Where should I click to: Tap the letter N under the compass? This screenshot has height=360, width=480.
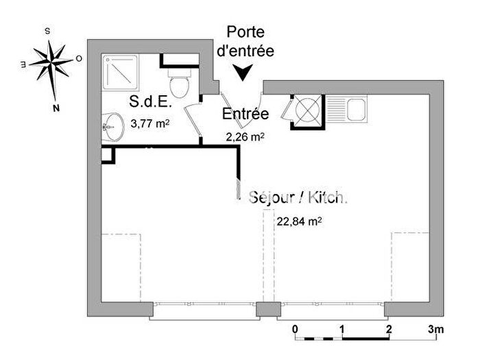pyautogui.click(x=57, y=108)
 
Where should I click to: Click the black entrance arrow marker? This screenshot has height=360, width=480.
pyautogui.click(x=243, y=72)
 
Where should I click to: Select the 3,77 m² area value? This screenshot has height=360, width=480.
pyautogui.click(x=149, y=124)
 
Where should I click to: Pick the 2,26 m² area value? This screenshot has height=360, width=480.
pyautogui.click(x=245, y=136)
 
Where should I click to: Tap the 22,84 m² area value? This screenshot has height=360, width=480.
pyautogui.click(x=299, y=221)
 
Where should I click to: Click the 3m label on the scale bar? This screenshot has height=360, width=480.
pyautogui.click(x=436, y=330)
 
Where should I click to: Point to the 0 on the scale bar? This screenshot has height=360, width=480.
pyautogui.click(x=295, y=330)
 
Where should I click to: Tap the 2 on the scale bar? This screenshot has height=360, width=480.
pyautogui.click(x=389, y=330)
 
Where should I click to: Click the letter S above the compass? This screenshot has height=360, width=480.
pyautogui.click(x=47, y=31)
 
